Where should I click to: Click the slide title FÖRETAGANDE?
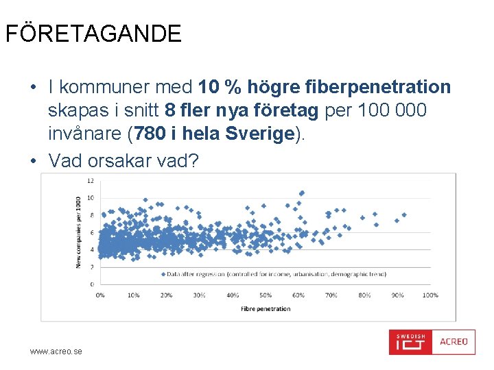point(93,34)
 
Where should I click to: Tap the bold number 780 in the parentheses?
point(148,134)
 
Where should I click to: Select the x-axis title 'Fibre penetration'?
point(265,308)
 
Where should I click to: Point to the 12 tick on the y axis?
point(90,181)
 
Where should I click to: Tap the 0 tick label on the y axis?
point(91,284)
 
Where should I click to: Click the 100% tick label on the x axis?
point(430,295)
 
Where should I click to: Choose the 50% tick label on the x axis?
point(265,295)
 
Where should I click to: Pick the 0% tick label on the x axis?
point(100,295)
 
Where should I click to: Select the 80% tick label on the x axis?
point(364,295)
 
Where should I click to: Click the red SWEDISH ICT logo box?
point(410,342)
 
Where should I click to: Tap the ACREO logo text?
point(454,341)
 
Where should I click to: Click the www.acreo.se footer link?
point(56,351)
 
